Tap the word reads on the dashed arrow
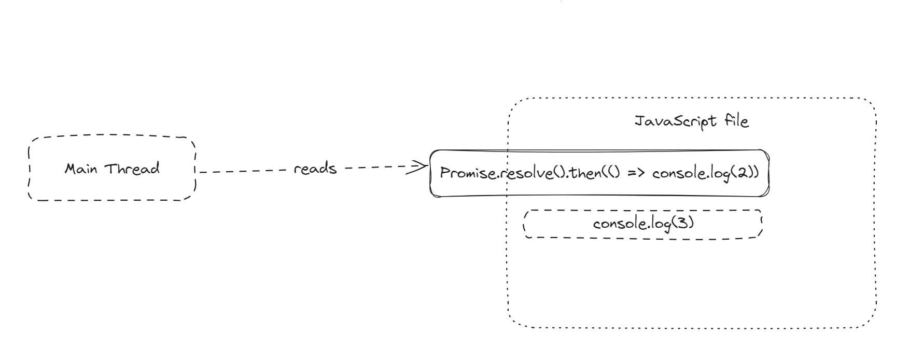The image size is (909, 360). tap(315, 169)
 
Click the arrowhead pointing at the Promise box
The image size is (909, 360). tap(418, 167)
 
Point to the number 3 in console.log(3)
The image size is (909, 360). tap(681, 224)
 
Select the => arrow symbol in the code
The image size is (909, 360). tap(636, 173)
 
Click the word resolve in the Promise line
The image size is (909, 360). tap(519, 173)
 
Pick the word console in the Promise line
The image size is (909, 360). tap(677, 173)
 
